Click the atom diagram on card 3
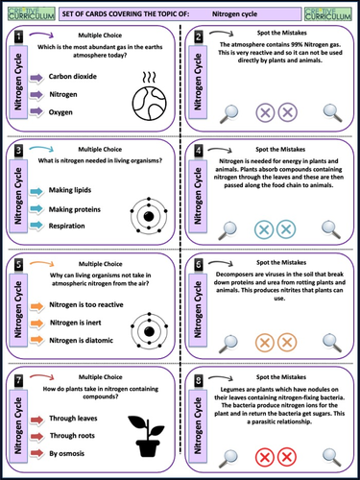tap(148, 210)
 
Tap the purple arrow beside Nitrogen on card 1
tap(32, 93)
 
